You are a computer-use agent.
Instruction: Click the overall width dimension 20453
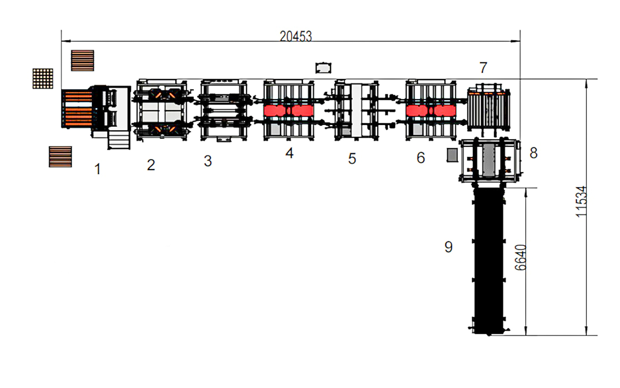pyautogui.click(x=296, y=36)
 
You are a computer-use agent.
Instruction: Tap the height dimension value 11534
pyautogui.click(x=582, y=201)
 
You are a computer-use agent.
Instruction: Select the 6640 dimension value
pyautogui.click(x=521, y=257)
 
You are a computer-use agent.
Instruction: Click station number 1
pyautogui.click(x=97, y=169)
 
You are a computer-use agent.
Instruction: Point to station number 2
pyautogui.click(x=151, y=165)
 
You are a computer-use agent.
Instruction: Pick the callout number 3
pyautogui.click(x=208, y=161)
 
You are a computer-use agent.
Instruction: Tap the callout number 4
pyautogui.click(x=289, y=153)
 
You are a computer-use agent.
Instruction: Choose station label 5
pyautogui.click(x=352, y=159)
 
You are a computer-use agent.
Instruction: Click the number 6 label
pyautogui.click(x=421, y=158)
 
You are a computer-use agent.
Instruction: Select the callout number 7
pyautogui.click(x=483, y=68)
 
